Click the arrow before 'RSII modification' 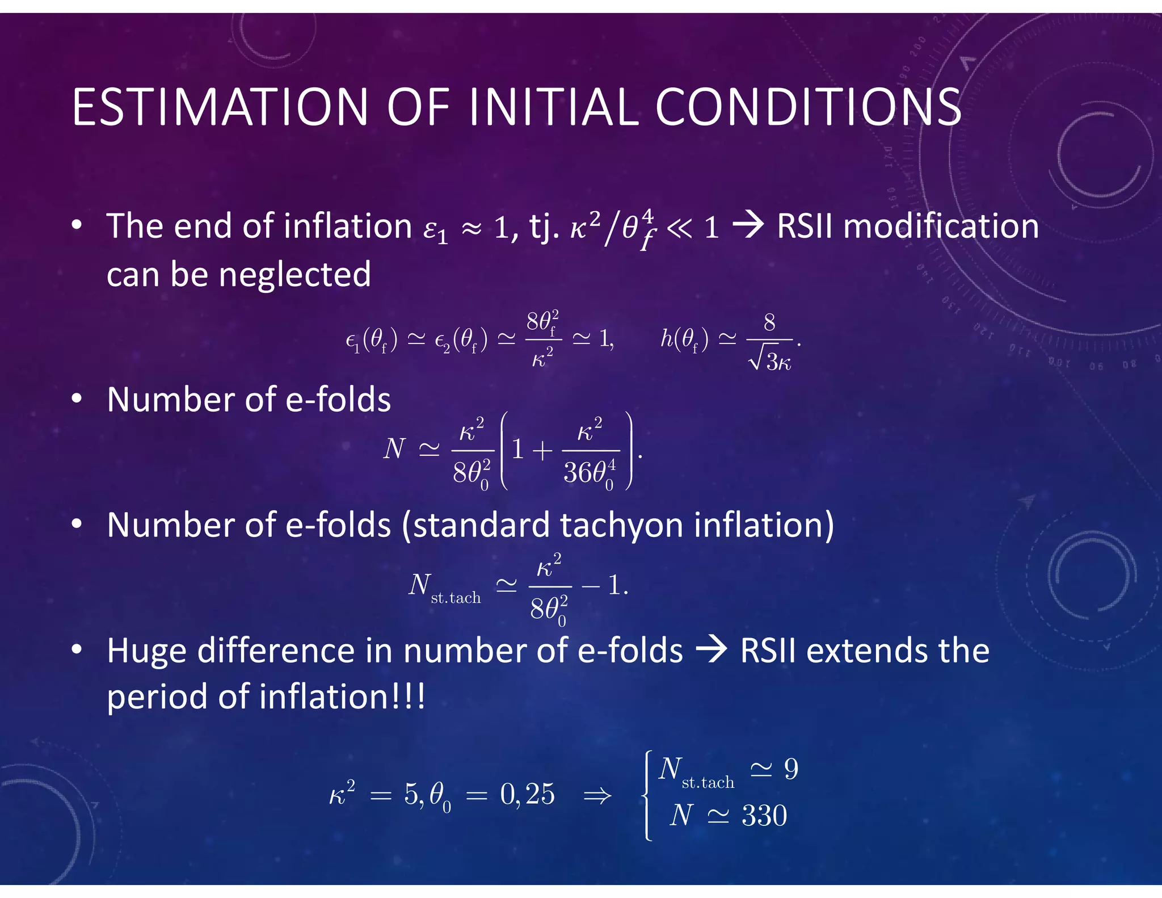point(748,226)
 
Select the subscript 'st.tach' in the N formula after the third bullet point(456,598)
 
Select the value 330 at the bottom point(764,816)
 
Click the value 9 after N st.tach point(791,769)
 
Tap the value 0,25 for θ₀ point(527,794)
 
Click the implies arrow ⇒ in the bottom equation point(597,795)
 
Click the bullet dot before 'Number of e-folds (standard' point(77,524)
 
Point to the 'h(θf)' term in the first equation point(684,339)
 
